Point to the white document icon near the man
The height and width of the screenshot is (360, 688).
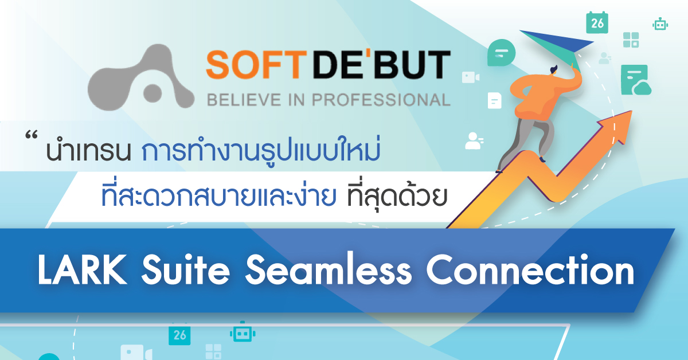494,101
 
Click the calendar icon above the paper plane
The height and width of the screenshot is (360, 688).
596,22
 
